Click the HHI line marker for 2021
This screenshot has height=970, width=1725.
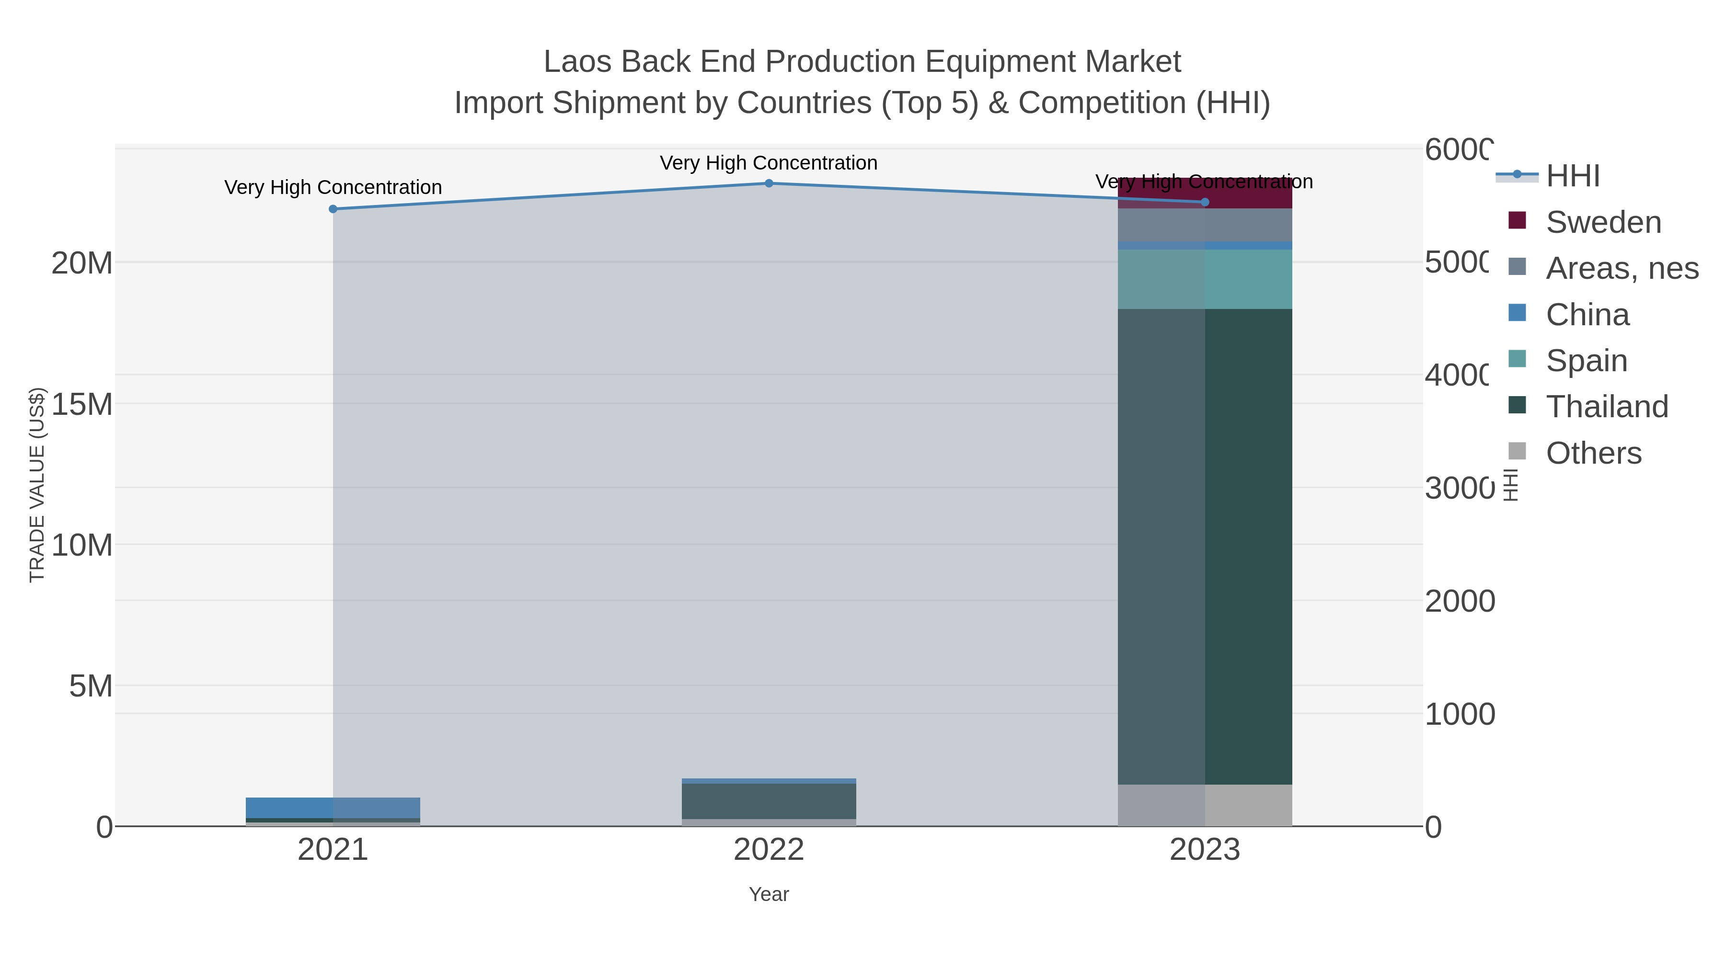(333, 209)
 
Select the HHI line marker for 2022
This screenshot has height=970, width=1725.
(769, 183)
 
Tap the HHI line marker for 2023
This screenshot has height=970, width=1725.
(1205, 202)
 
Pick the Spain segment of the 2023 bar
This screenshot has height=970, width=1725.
(1205, 279)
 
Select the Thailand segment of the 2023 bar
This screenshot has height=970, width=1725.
(1205, 546)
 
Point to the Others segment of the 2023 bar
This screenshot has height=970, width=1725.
(1205, 805)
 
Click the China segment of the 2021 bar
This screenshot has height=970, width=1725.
(333, 807)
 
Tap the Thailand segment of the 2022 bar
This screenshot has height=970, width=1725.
(769, 800)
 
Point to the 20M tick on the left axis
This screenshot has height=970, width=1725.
(81, 263)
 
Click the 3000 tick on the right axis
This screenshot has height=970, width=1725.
(1459, 489)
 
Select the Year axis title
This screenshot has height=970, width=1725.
(769, 894)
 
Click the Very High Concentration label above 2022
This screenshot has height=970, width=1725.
(769, 163)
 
